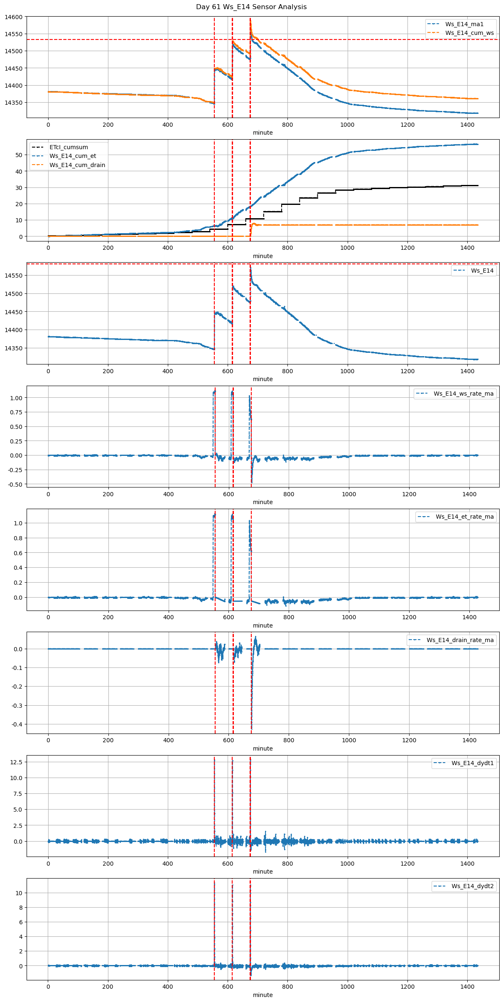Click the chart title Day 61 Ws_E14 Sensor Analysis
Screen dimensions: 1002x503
pyautogui.click(x=251, y=7)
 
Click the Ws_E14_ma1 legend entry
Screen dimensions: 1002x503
pyautogui.click(x=464, y=24)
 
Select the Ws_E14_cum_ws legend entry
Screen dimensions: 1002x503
pyautogui.click(x=469, y=33)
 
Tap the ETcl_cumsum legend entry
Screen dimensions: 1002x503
pyautogui.click(x=69, y=147)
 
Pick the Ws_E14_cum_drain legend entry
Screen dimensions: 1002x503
pyautogui.click(x=77, y=165)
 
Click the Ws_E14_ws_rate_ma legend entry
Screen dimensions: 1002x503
pyautogui.click(x=464, y=394)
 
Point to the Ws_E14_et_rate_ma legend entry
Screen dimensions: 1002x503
pyautogui.click(x=464, y=517)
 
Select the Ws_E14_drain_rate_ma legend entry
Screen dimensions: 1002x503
pyautogui.click(x=460, y=640)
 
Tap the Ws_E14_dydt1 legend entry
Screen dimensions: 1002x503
pyautogui.click(x=472, y=763)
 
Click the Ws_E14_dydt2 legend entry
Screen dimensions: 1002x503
pyautogui.click(x=472, y=886)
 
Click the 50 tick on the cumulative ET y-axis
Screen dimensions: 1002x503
pyautogui.click(x=19, y=155)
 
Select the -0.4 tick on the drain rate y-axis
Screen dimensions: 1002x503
pyautogui.click(x=17, y=724)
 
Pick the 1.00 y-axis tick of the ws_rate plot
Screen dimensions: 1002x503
pyautogui.click(x=16, y=398)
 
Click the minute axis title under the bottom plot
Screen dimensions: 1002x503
pyautogui.click(x=263, y=995)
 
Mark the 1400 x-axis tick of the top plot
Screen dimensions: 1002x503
pyautogui.click(x=467, y=125)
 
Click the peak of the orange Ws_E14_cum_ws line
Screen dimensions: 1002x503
pyautogui.click(x=250, y=21)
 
